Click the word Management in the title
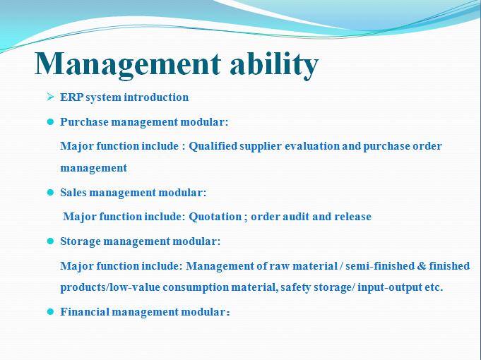point(128,64)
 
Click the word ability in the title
point(274,64)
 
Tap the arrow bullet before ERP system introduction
point(50,97)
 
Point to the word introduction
point(156,97)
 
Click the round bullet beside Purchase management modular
point(50,122)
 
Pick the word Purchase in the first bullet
point(84,121)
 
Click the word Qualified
point(213,146)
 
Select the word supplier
point(261,146)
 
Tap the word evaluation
point(312,146)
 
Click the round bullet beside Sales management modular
point(50,193)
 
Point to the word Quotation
point(215,217)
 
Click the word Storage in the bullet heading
point(81,241)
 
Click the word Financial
point(85,312)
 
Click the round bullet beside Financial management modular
point(50,312)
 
